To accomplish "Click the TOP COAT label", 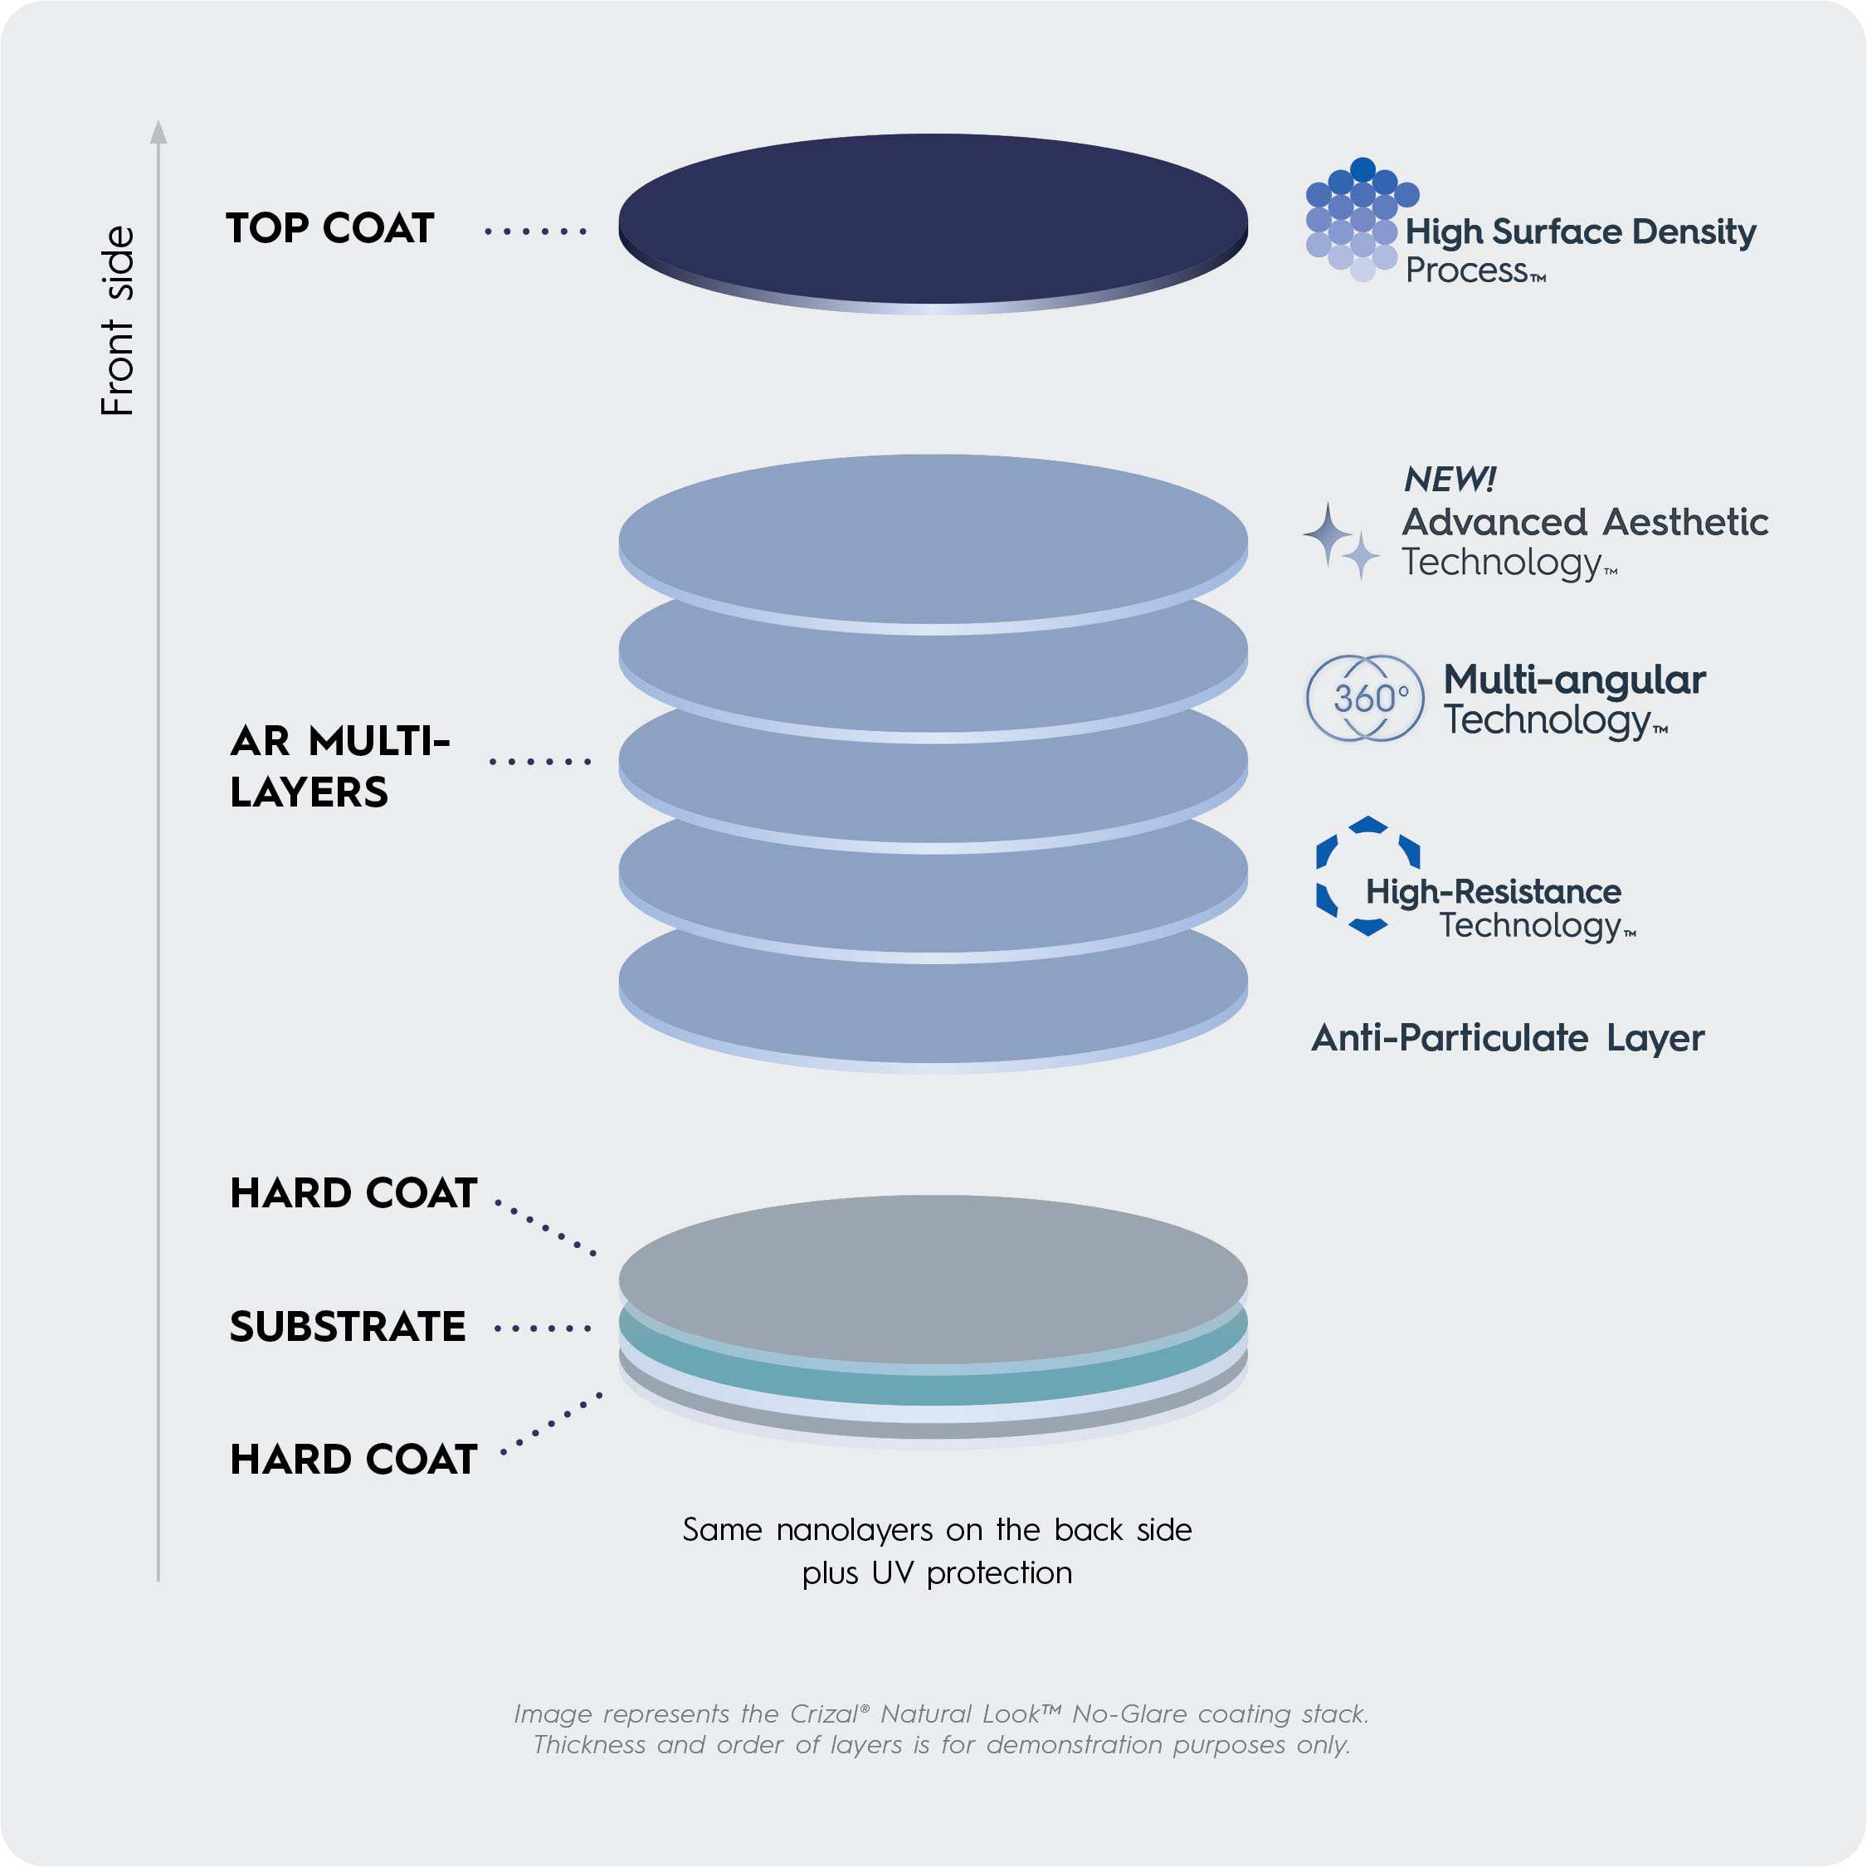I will coord(329,229).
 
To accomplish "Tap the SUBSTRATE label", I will coord(347,1327).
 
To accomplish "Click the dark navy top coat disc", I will coord(933,217).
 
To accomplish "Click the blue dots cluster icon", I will coord(1360,219).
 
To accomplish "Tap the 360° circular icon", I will coord(1364,698).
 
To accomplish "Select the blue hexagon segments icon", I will coord(1367,875).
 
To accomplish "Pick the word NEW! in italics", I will coord(1449,480).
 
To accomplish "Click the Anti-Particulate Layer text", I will coord(1507,1038).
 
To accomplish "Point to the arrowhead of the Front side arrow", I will coord(158,131).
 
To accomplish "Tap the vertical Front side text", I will coord(118,321).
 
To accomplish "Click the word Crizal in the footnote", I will coord(824,1713).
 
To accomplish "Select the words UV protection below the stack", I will coord(970,1573).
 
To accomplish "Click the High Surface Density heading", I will coord(1580,232).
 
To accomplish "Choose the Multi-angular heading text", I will coord(1574,680).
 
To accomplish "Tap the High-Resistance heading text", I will coord(1493,891).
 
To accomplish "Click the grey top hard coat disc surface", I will coord(933,1278).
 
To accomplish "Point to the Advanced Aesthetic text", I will coord(1585,522).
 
